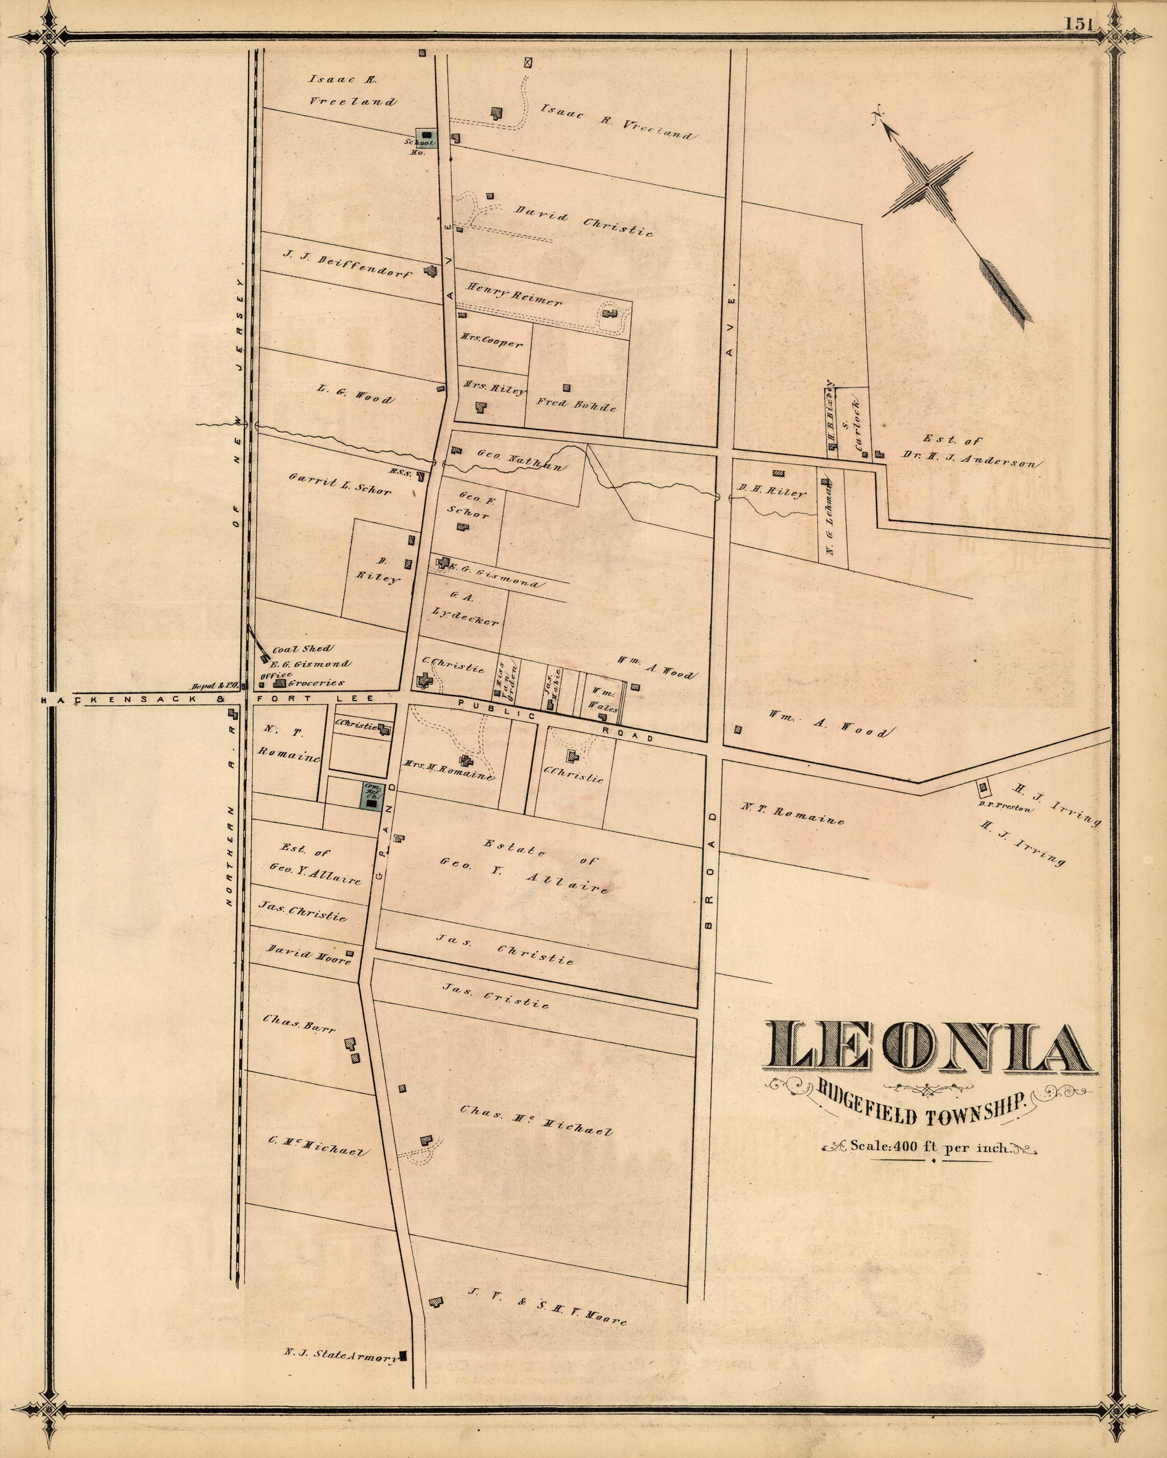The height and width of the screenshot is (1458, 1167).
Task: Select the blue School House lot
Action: point(425,137)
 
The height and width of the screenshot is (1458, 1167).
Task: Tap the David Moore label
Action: point(308,956)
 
